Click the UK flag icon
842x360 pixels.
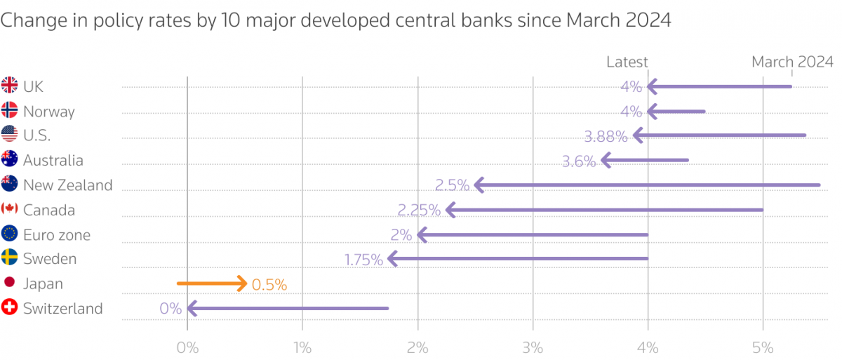click(x=10, y=86)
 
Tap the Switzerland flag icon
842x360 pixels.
click(x=10, y=308)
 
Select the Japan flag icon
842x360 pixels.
click(x=10, y=283)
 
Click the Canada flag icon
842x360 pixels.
click(x=10, y=209)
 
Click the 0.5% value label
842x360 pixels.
click(x=269, y=285)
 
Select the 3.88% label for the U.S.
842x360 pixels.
click(x=606, y=137)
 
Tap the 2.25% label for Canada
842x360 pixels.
click(x=419, y=211)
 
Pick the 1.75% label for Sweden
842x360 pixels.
click(x=363, y=260)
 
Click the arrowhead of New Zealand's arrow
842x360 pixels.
click(x=479, y=185)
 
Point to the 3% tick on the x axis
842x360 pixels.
click(x=533, y=347)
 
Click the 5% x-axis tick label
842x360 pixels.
click(x=763, y=347)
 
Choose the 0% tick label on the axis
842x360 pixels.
click(x=187, y=347)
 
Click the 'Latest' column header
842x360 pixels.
click(x=627, y=62)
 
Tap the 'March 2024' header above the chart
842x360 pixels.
click(x=792, y=62)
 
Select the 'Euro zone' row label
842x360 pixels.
click(x=57, y=235)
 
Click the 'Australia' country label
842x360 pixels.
click(x=53, y=161)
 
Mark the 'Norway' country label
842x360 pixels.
click(x=49, y=112)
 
